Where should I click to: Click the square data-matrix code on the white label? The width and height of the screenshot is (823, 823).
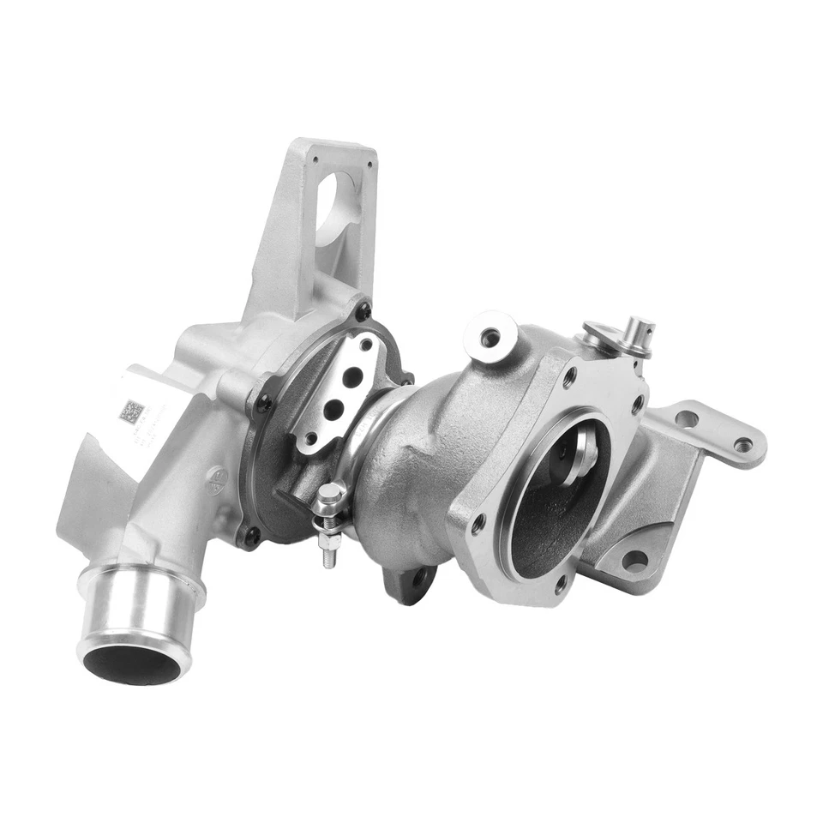[131, 411]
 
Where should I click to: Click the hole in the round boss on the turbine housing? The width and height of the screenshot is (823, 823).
[490, 337]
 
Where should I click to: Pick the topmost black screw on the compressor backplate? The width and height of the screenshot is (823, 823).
[363, 311]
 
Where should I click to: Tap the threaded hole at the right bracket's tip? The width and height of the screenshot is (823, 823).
[742, 445]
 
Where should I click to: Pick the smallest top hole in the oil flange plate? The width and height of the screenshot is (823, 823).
[367, 345]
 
